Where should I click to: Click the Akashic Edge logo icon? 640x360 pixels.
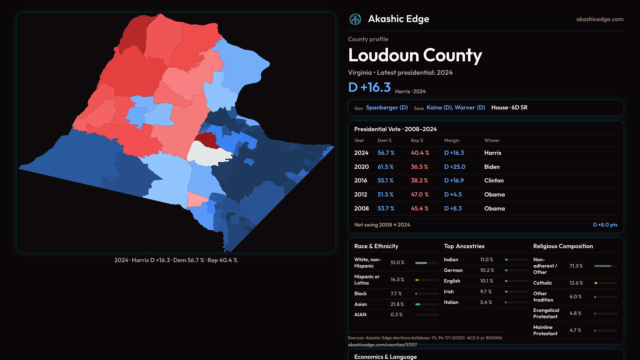tap(355, 19)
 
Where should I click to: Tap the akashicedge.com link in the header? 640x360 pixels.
tap(600, 19)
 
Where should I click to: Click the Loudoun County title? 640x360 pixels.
tap(415, 55)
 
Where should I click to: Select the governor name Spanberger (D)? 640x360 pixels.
tap(387, 108)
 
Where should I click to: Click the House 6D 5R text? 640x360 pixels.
tap(509, 108)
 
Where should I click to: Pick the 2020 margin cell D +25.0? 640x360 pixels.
tap(455, 167)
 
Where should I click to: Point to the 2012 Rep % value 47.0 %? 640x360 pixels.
tap(420, 194)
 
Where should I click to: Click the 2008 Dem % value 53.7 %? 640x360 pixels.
tap(386, 208)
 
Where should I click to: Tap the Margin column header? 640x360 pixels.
tap(452, 140)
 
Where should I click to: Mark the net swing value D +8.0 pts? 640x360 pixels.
tap(605, 225)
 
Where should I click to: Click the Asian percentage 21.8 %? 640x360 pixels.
tap(397, 304)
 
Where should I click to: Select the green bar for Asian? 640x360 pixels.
tap(418, 304)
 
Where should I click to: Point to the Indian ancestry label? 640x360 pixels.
tap(451, 260)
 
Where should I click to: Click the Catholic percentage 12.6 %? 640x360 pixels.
tap(576, 283)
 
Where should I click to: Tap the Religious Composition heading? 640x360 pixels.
tap(563, 246)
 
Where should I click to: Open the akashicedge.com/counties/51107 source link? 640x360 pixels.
tap(382, 345)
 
